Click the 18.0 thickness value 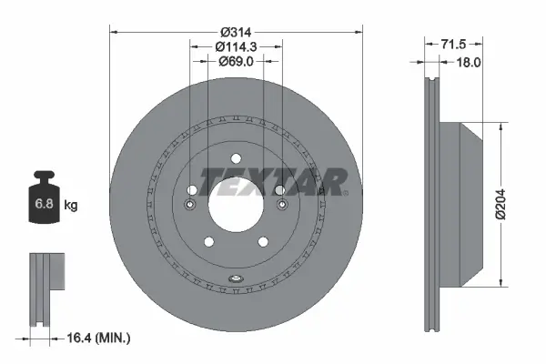[x=467, y=62]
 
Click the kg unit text [x=71, y=206]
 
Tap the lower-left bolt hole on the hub [x=207, y=241]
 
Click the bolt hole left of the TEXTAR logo [x=191, y=190]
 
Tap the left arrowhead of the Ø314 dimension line [x=114, y=30]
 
